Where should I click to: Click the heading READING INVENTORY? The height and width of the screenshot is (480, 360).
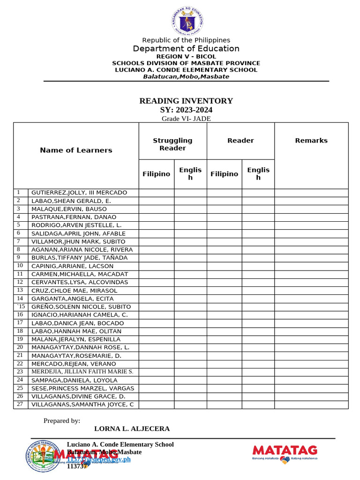186,101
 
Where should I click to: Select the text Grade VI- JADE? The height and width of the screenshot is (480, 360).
186,119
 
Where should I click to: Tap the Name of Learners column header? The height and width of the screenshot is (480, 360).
76,150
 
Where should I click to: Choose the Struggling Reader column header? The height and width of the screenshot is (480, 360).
172,144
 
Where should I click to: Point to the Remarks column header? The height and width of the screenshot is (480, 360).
311,141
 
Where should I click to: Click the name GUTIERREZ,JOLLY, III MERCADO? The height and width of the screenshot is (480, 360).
79,193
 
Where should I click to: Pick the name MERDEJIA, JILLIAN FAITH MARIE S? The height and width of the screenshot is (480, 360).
82,371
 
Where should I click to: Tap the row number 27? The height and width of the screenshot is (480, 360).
20,404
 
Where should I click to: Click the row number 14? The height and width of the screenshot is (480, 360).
20,299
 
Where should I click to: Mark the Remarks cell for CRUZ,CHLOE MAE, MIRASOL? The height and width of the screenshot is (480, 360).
311,290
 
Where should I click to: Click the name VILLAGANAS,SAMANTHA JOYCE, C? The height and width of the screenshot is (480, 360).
82,405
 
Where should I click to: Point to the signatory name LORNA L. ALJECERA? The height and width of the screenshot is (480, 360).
132,428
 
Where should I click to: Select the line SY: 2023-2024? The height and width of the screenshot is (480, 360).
186,110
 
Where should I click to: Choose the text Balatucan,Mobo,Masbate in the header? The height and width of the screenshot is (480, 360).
186,76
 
